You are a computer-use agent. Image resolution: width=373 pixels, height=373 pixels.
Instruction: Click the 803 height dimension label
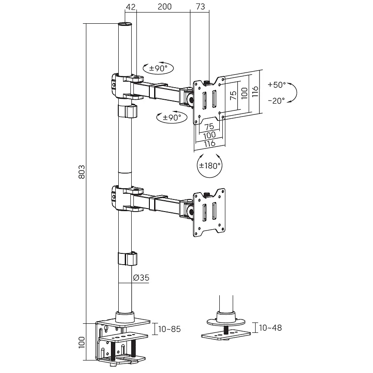[82, 172]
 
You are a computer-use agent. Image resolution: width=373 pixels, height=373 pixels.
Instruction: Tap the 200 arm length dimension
[164, 6]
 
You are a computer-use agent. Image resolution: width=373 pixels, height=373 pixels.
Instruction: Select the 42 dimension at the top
[131, 7]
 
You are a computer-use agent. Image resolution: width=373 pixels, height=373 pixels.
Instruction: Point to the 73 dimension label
[201, 6]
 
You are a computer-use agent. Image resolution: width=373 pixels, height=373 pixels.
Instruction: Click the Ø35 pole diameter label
[141, 278]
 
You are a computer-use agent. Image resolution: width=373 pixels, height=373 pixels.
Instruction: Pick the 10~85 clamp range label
[169, 329]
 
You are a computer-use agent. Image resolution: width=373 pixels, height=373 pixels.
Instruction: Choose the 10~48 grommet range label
[270, 328]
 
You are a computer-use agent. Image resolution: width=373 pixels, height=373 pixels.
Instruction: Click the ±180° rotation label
[210, 166]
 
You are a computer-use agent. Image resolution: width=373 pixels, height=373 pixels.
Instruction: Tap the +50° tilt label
[277, 85]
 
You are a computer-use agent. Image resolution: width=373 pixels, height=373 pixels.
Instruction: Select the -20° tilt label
[276, 101]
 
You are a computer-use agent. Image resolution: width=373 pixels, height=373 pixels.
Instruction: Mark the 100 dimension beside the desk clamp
[82, 342]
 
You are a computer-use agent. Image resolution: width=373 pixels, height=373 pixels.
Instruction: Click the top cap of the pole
[125, 24]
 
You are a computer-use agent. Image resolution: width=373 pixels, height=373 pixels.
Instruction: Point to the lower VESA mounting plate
[209, 213]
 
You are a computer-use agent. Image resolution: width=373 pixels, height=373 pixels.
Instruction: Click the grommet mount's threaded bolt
[226, 329]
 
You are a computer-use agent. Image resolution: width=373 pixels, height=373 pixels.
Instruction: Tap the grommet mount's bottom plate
[226, 335]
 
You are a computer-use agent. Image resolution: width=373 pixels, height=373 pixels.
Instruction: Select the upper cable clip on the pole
[128, 111]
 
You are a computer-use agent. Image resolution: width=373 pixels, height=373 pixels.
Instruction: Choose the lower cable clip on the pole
[128, 259]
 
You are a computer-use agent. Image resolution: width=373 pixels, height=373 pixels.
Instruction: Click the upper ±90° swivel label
[158, 69]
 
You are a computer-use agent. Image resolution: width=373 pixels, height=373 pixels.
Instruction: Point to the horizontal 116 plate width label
[209, 144]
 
